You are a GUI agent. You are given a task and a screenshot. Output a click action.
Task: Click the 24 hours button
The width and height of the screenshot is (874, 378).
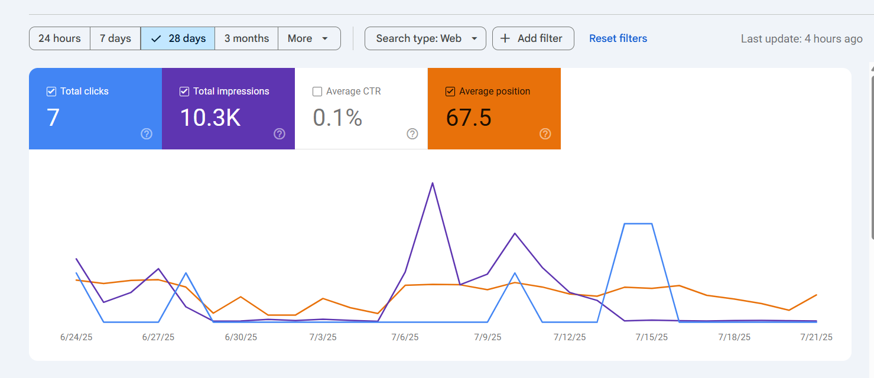60,38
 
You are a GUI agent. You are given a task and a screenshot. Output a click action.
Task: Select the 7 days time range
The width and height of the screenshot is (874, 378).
115,38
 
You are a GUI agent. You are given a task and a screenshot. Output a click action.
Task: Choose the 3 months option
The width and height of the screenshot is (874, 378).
246,38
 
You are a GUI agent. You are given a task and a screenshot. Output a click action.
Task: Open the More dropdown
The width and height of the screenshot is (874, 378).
309,38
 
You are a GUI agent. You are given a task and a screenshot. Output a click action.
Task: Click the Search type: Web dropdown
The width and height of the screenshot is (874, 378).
425,38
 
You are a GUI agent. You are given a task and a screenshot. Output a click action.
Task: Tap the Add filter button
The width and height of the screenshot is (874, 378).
533,38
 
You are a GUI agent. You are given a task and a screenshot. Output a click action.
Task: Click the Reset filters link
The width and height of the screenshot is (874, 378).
618,38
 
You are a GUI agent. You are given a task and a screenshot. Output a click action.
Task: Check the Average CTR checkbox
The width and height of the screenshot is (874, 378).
317,92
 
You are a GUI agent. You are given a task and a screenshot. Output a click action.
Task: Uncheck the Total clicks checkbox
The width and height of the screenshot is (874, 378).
51,92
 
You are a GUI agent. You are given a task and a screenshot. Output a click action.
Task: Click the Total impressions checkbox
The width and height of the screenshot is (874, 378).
184,92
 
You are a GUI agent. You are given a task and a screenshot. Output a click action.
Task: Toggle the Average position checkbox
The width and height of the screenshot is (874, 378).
450,92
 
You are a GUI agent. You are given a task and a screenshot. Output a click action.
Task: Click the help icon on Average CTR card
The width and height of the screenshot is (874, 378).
412,134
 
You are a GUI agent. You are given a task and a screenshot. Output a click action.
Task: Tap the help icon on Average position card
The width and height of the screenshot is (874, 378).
545,134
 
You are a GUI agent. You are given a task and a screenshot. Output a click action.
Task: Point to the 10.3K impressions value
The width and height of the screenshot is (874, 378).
210,118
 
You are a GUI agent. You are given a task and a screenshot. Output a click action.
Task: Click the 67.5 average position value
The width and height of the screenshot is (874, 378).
469,118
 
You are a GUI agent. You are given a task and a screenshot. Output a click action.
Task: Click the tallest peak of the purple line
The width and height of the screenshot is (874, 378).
433,183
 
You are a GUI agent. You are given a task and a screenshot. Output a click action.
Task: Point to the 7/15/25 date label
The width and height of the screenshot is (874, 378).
652,337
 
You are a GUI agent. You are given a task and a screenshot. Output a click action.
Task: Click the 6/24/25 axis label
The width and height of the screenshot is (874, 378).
76,337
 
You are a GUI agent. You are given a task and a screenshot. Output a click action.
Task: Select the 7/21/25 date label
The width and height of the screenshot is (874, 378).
816,337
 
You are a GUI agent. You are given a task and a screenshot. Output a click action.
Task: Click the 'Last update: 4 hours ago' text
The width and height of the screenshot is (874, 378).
802,38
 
